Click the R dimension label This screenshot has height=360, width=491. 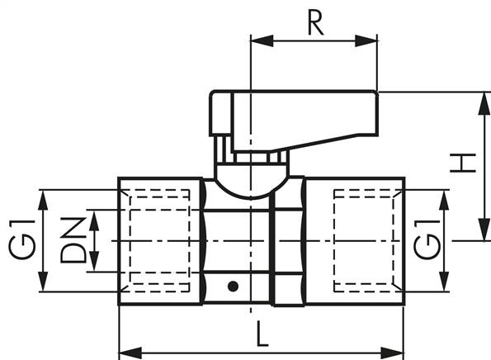point(314,22)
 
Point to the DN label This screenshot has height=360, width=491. point(73,240)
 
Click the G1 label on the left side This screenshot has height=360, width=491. point(22,240)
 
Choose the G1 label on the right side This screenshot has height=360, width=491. point(427,240)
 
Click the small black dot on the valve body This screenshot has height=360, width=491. point(234,287)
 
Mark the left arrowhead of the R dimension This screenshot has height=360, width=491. point(257,39)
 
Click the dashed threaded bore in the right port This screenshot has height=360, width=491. point(367,240)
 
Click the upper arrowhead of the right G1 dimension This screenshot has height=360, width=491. point(446,197)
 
